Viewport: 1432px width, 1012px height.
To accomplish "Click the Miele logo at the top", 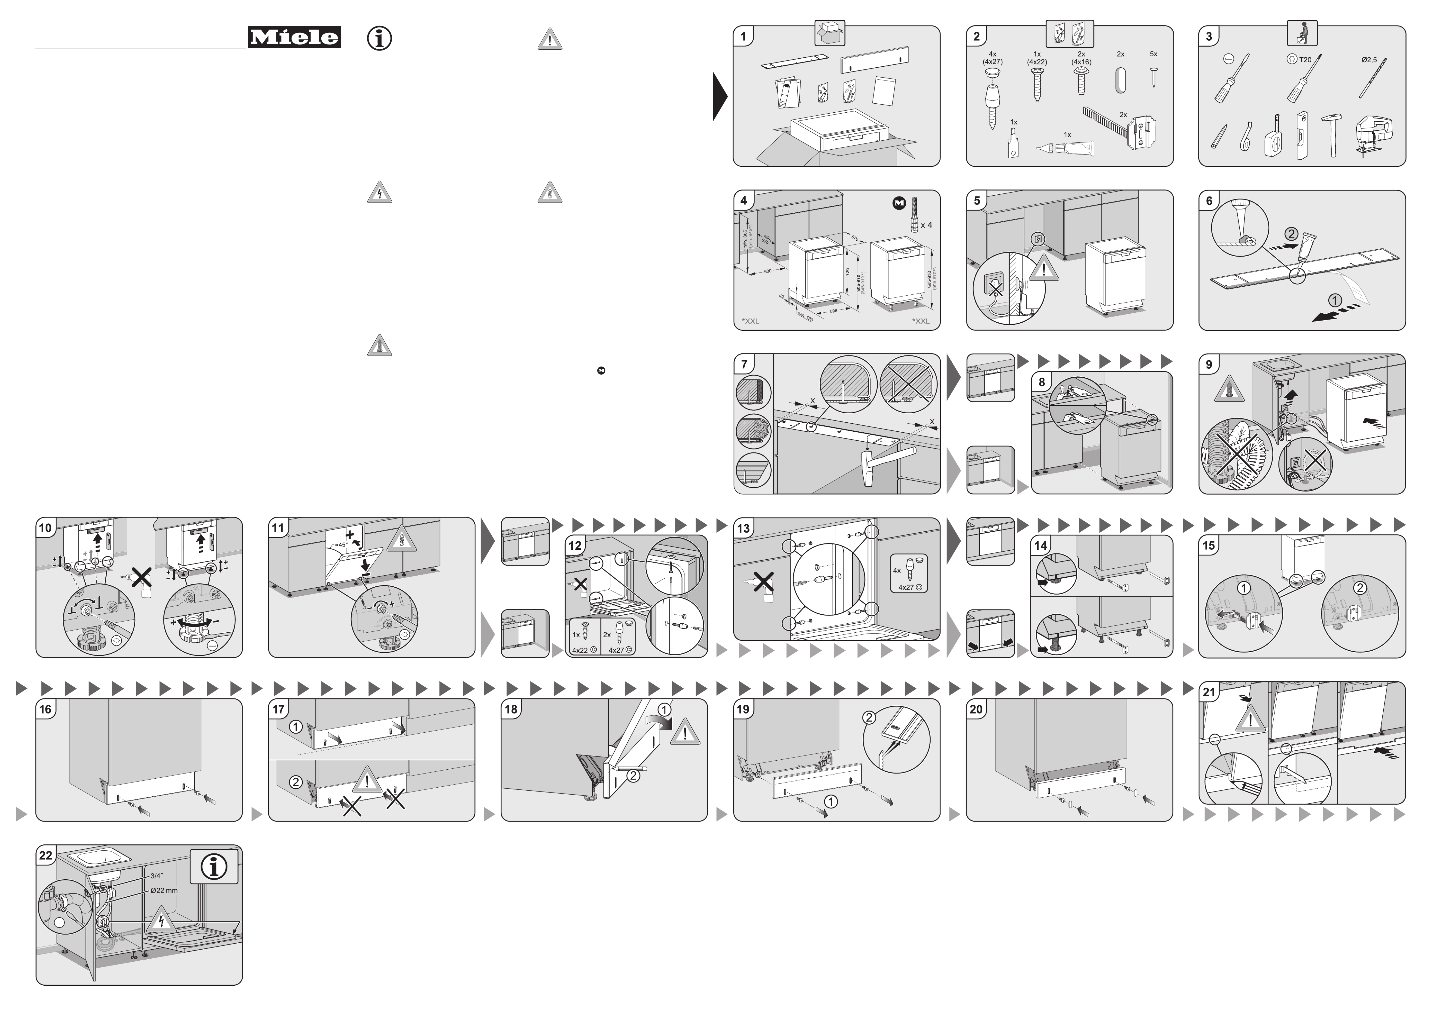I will coord(294,37).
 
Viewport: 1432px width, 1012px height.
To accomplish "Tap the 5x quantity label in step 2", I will coord(1153,54).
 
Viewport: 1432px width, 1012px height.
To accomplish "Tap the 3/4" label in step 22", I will coord(157,876).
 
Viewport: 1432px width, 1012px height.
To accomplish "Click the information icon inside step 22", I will coord(213,867).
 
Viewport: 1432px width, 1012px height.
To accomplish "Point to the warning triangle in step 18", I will coord(685,732).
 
